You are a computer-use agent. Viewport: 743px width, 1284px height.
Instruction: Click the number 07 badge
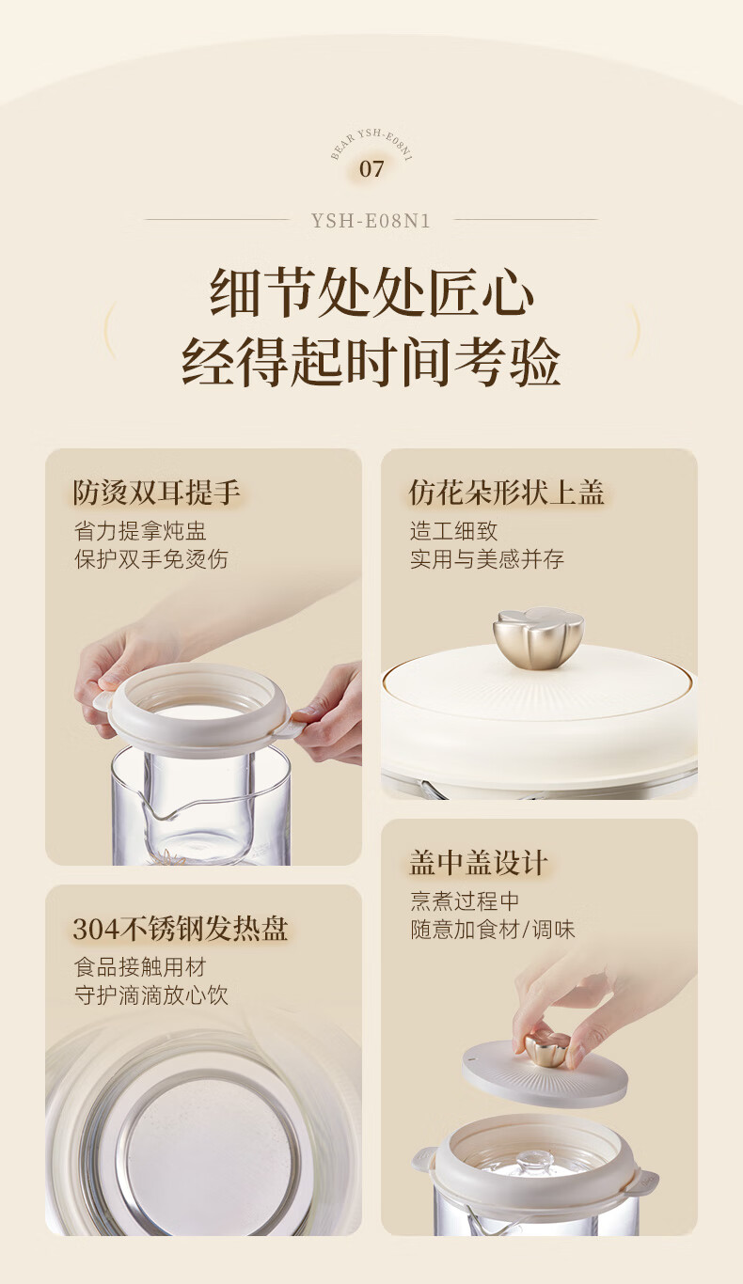(x=371, y=168)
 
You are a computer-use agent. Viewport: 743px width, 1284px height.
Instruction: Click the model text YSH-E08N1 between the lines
(x=371, y=221)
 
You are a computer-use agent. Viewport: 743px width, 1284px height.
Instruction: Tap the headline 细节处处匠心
(x=371, y=292)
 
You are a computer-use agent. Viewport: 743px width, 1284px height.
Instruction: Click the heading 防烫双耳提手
(x=156, y=493)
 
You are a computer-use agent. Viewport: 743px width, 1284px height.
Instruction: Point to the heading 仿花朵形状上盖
(x=506, y=493)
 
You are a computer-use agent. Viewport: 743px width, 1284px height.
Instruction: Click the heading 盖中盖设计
(x=478, y=863)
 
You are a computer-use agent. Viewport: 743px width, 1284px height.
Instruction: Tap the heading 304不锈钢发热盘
(x=180, y=929)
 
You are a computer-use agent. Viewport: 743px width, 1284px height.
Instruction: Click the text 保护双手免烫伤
(x=150, y=559)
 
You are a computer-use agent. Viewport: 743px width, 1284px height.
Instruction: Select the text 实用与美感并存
(x=487, y=559)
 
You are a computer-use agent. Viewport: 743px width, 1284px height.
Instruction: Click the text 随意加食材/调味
(x=492, y=930)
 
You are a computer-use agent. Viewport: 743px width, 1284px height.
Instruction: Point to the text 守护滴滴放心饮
(x=150, y=995)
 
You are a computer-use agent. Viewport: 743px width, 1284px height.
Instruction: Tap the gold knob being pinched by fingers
(x=545, y=1046)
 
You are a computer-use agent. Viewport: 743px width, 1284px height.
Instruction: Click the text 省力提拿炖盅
(x=140, y=531)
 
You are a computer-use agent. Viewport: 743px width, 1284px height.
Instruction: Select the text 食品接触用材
(x=140, y=967)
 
